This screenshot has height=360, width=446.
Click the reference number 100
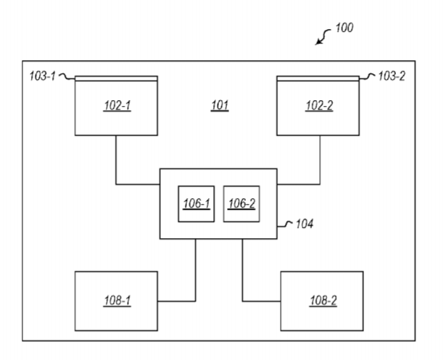tap(344, 28)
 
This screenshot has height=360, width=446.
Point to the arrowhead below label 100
tap(318, 42)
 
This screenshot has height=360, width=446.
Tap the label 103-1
tap(42, 76)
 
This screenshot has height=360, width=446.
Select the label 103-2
tap(392, 76)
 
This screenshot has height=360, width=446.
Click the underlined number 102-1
tap(117, 105)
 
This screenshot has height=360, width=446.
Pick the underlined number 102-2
tap(319, 105)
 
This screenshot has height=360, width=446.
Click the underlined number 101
tap(220, 105)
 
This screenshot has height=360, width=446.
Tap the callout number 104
tap(305, 224)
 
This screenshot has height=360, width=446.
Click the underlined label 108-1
tap(117, 300)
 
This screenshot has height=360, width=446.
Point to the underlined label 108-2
tap(323, 300)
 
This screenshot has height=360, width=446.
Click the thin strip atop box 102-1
tap(116, 78)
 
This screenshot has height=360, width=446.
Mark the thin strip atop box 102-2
tap(318, 78)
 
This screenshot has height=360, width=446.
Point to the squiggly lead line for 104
tap(285, 224)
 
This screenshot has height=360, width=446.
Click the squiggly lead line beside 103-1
tap(67, 77)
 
